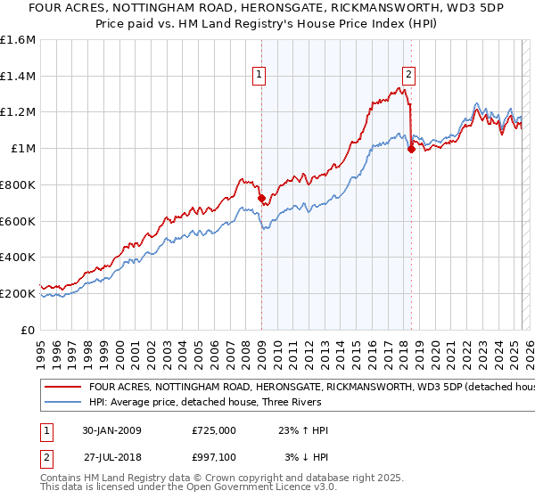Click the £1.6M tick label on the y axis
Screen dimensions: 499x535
click(x=18, y=40)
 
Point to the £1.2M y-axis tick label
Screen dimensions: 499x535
click(x=18, y=112)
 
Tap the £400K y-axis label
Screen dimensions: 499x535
click(x=18, y=258)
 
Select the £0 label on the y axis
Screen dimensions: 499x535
click(x=28, y=330)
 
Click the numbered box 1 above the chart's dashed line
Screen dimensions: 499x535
click(x=259, y=75)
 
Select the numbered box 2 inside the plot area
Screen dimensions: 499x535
click(x=407, y=75)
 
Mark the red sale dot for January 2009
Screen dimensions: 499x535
click(x=261, y=199)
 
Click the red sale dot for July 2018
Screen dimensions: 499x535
click(x=411, y=150)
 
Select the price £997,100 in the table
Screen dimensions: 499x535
click(x=214, y=456)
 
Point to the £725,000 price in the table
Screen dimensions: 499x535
click(x=214, y=430)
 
